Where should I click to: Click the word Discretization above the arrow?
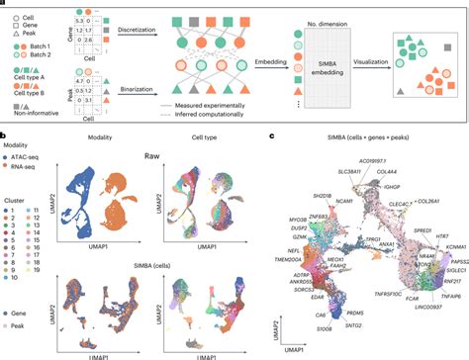pyautogui.click(x=151, y=30)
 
